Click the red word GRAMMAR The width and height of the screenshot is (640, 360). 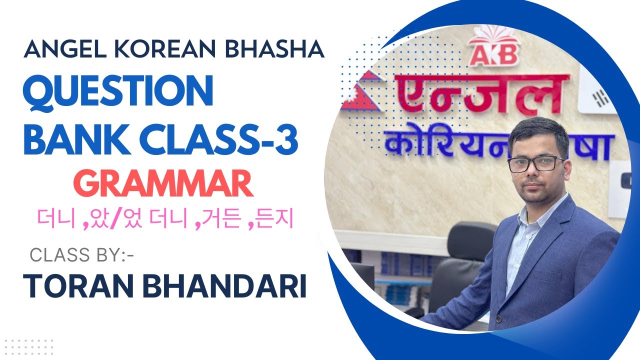click(x=166, y=184)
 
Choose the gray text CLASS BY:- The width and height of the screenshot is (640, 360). click(x=82, y=255)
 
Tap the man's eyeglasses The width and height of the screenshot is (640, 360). click(x=535, y=163)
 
